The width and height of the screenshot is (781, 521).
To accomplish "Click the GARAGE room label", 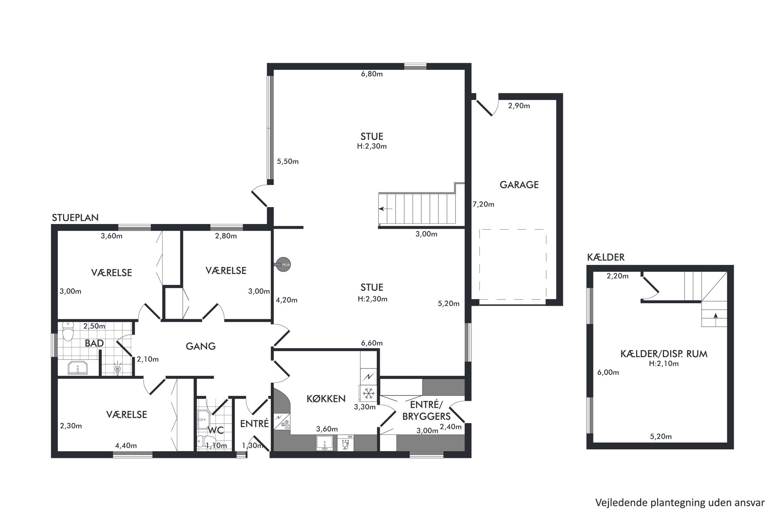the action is coord(519,185).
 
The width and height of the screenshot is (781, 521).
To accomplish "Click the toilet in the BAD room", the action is coord(68,332).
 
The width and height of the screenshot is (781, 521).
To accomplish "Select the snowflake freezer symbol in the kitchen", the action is coord(368,393).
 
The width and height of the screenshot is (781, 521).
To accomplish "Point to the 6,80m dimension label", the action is coord(372,74).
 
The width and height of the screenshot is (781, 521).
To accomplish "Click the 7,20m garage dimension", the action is coord(483,204).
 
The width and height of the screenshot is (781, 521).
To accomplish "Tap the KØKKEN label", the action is coord(326,399).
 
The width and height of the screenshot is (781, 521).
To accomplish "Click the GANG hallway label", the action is coord(201,346).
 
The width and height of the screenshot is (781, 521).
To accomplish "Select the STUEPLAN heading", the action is coord(75,218).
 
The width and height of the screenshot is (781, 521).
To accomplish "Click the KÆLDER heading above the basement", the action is coord(605,258).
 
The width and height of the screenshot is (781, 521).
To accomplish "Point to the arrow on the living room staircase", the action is coord(386,209).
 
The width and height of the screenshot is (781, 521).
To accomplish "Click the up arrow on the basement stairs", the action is coord(715,315).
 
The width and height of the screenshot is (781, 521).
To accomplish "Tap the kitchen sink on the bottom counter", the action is coord(324,443).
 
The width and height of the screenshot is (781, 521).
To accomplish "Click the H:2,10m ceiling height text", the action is coord(664,363).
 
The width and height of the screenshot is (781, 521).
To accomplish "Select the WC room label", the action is coord(216,430).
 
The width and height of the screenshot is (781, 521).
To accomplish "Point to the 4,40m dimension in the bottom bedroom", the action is coord(126,446).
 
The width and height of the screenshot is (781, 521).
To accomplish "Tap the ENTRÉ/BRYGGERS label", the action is coord(426,410).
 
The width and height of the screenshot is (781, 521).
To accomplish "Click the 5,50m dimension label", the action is coord(288,161).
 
